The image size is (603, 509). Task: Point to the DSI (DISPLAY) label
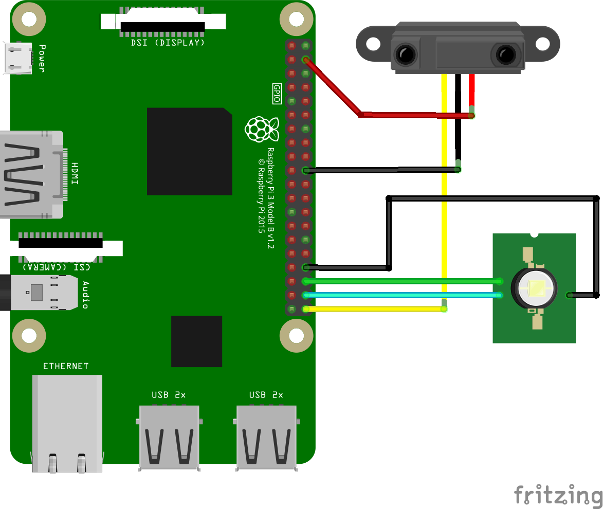click(168, 43)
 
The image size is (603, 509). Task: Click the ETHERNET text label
click(66, 366)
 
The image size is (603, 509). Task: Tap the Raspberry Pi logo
click(262, 129)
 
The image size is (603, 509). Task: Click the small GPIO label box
click(277, 94)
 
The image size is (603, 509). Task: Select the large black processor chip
click(189, 151)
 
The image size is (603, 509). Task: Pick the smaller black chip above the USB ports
click(196, 341)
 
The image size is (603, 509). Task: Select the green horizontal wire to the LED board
click(401, 281)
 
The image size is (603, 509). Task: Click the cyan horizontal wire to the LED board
click(401, 295)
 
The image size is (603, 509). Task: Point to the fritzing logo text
click(558, 495)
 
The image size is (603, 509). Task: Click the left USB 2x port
click(169, 437)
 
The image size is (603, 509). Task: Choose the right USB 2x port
click(266, 437)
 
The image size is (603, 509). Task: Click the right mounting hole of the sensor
click(543, 44)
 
